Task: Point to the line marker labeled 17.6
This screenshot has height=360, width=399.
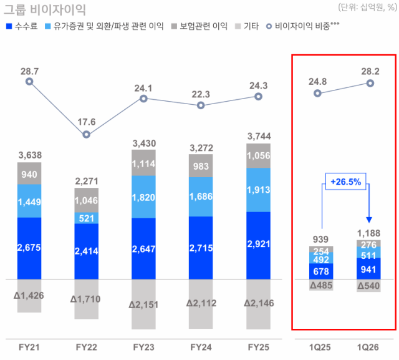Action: [86, 134]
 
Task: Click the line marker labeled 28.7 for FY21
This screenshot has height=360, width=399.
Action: [29, 81]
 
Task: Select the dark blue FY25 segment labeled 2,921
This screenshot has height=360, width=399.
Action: [258, 245]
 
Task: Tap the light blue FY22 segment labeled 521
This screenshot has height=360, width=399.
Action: [86, 218]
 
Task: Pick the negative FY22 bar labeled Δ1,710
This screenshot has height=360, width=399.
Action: [86, 299]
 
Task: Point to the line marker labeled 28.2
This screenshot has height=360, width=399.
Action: [371, 83]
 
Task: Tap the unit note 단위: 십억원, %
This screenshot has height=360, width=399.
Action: [367, 7]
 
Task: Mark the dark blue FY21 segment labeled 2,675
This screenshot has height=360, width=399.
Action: [29, 248]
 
